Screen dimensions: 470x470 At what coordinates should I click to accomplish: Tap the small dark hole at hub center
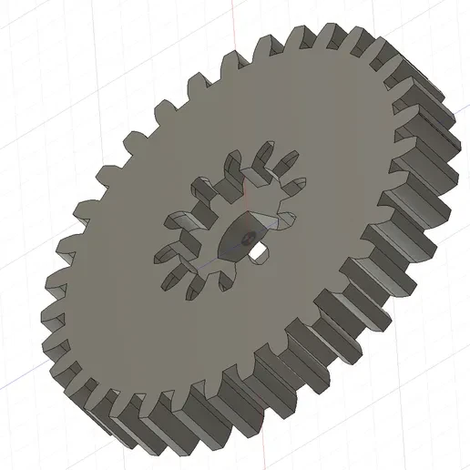pyautogui.click(x=247, y=235)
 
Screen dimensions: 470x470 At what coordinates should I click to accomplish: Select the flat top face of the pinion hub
pyautogui.click(x=239, y=239)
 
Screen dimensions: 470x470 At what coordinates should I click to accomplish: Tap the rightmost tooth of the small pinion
pyautogui.click(x=284, y=220)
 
